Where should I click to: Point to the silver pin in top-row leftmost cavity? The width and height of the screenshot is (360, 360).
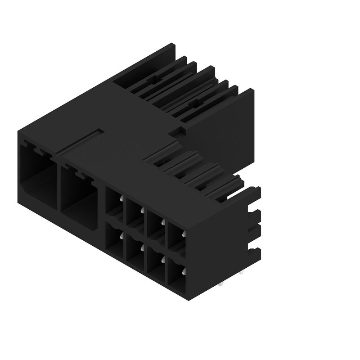click(121, 198)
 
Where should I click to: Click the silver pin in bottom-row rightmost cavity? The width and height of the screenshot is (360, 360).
click(184, 270)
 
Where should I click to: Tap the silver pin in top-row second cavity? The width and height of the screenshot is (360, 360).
click(141, 210)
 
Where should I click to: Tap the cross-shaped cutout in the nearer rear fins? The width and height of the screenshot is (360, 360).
click(194, 104)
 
